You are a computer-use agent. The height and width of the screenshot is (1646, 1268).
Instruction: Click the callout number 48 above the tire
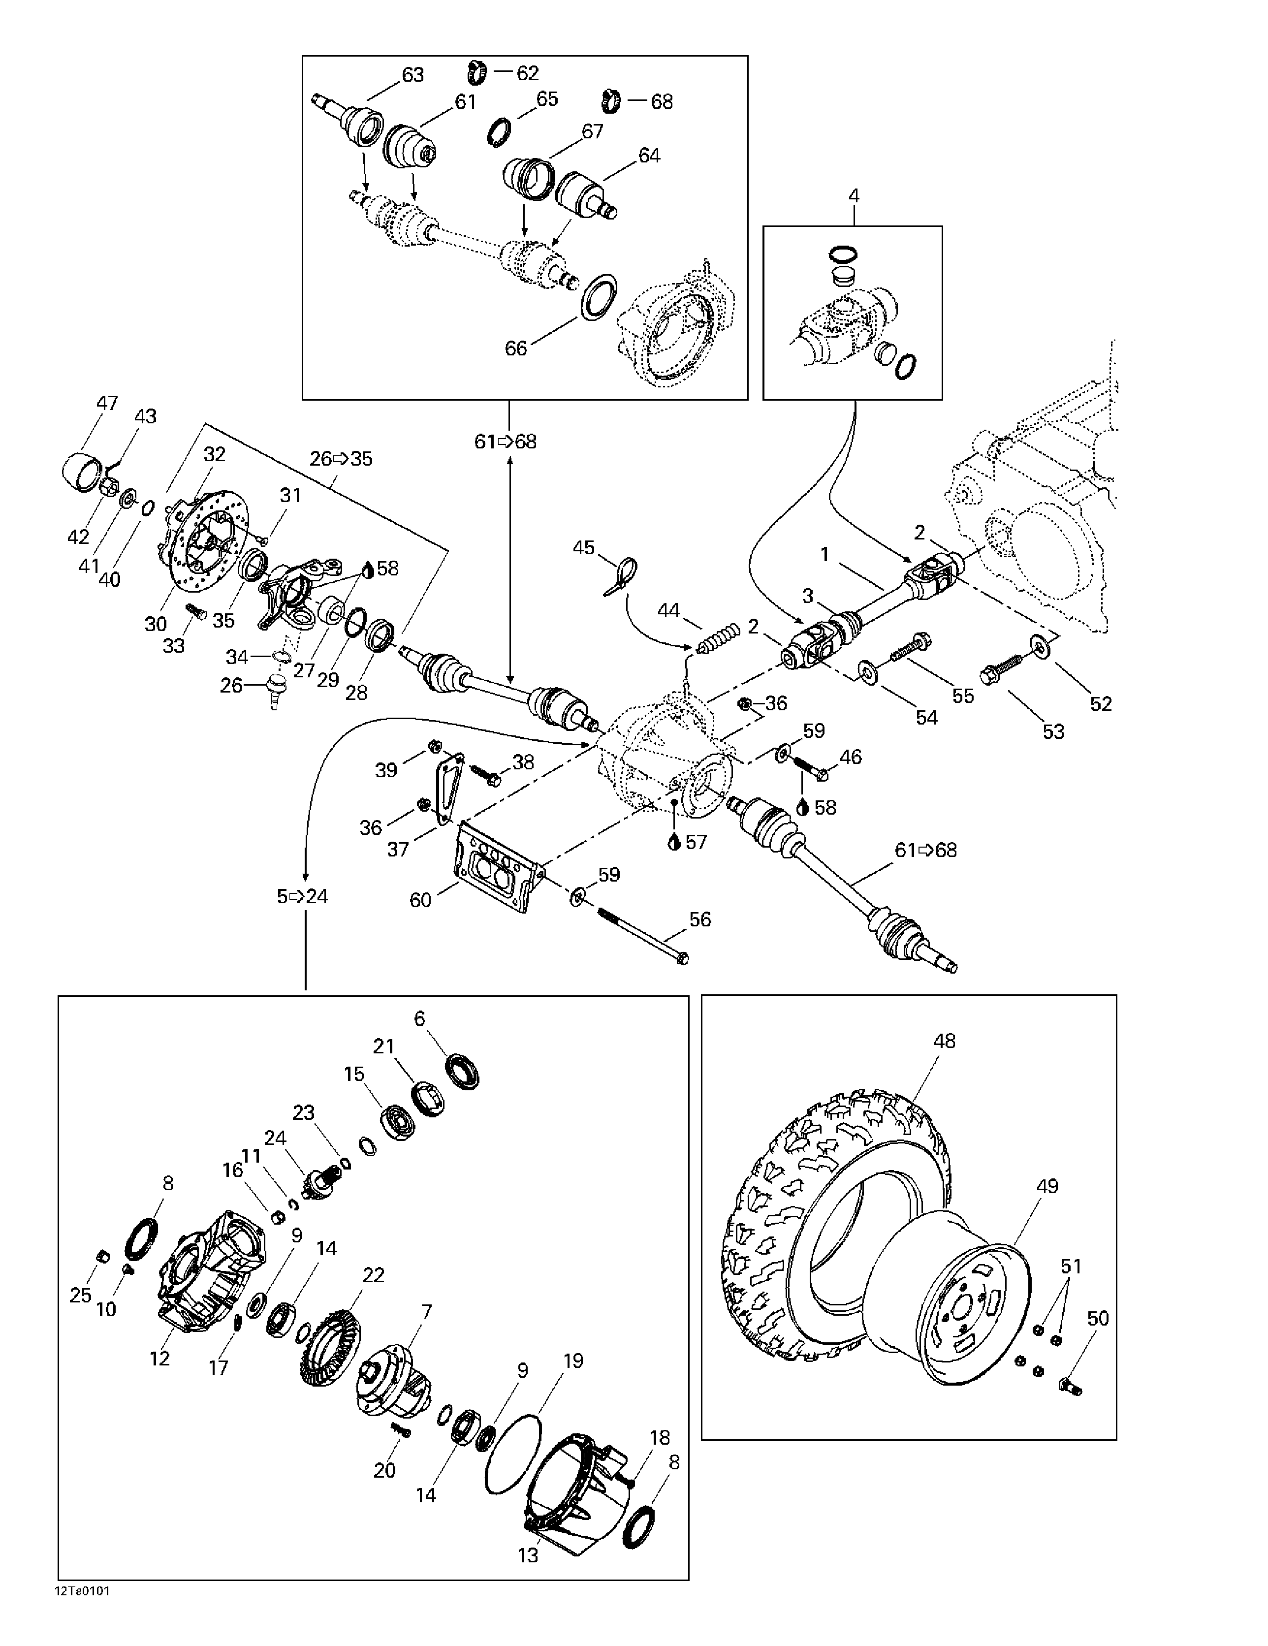point(944,1041)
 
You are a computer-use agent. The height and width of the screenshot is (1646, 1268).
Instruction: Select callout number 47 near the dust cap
point(107,403)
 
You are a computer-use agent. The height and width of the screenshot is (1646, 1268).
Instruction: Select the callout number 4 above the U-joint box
point(854,196)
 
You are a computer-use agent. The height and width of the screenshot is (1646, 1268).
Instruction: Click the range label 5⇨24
point(302,896)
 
